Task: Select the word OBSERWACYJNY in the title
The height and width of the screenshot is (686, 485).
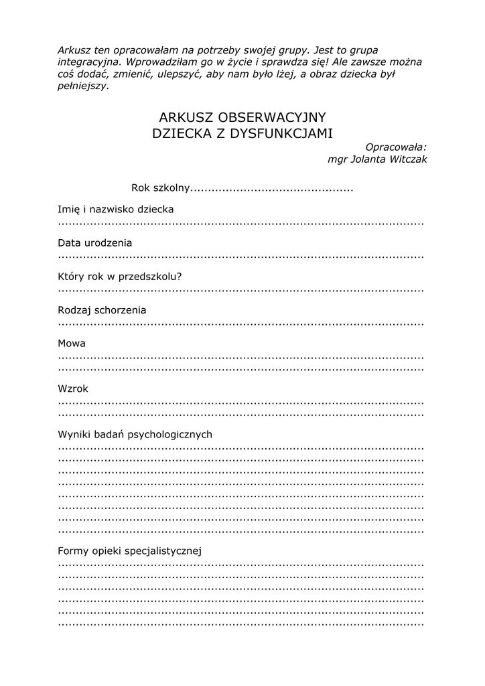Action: pyautogui.click(x=272, y=118)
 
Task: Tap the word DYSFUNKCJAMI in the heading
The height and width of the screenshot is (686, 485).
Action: pyautogui.click(x=282, y=133)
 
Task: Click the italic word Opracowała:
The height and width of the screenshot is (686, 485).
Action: pyautogui.click(x=396, y=147)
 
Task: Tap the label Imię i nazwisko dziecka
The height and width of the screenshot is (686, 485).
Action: pyautogui.click(x=116, y=209)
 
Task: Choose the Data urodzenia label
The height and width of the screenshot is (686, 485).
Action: pyautogui.click(x=94, y=243)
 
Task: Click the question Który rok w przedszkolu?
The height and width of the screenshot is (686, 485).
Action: pyautogui.click(x=120, y=276)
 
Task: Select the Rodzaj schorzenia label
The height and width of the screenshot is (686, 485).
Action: pyautogui.click(x=102, y=310)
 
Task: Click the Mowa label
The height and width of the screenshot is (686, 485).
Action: pyautogui.click(x=72, y=344)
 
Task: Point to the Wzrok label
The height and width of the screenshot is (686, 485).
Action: pyautogui.click(x=73, y=389)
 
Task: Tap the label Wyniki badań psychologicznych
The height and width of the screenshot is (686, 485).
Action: pyautogui.click(x=135, y=434)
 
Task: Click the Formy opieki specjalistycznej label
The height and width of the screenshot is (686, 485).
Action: pyautogui.click(x=130, y=551)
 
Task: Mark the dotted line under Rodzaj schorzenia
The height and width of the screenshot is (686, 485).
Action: pyautogui.click(x=241, y=324)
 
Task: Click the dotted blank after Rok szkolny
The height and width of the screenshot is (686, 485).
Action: pyautogui.click(x=272, y=190)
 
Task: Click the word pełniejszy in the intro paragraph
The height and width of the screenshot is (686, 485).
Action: pyautogui.click(x=82, y=86)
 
